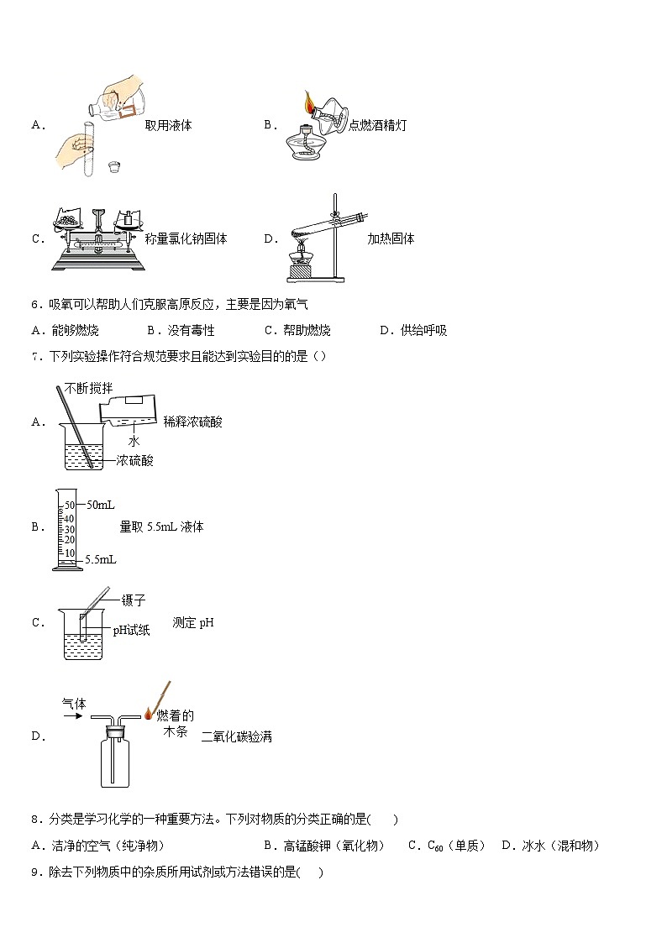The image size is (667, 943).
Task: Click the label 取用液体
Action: [x=168, y=125]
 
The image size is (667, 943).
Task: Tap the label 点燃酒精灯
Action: [x=377, y=125]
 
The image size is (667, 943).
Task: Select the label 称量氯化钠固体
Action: [x=186, y=238]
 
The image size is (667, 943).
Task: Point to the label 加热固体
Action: [x=391, y=238]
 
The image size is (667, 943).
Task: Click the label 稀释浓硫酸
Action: [x=193, y=422]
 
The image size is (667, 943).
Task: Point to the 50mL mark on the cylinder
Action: [x=100, y=505]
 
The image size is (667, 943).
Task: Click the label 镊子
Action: [x=134, y=600]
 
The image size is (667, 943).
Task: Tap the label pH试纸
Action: [x=131, y=630]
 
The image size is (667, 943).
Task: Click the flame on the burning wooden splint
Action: [x=149, y=714]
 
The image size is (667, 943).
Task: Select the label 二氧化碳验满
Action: [x=236, y=736]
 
